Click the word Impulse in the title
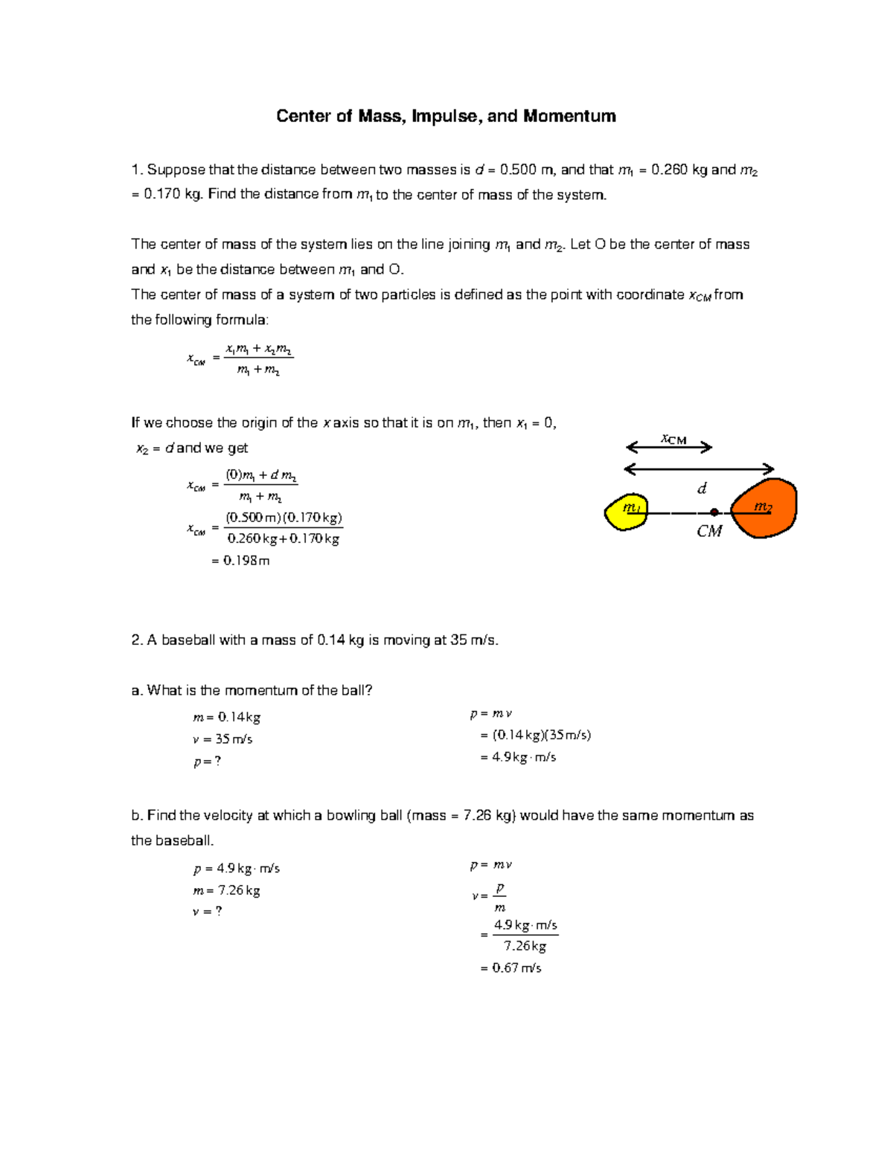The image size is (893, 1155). pos(445,117)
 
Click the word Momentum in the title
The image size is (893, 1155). pos(569,117)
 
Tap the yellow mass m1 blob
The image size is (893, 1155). pos(626,512)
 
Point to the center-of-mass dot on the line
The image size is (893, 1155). pos(714,512)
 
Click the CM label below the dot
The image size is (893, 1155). pos(709,531)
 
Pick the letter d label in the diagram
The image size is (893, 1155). pos(701,489)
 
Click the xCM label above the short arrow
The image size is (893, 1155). pos(673,439)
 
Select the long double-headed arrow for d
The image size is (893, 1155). pos(700,469)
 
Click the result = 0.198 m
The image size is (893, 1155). pos(240,561)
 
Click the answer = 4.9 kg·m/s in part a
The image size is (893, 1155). pos(519,757)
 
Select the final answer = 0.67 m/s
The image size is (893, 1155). pos(511,968)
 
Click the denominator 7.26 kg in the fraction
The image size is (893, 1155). pos(525,946)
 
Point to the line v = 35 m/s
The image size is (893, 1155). pos(223,739)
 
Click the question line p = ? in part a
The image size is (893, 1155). pos(208,762)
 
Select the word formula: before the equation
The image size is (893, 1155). pos(242,321)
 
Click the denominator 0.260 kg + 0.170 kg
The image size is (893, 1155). pos(283,538)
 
